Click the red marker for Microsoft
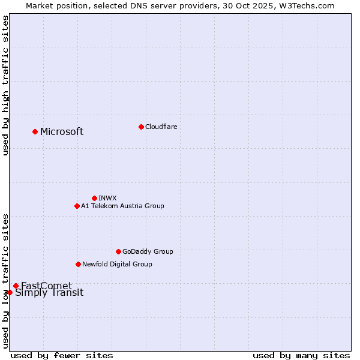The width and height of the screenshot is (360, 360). pos(35,131)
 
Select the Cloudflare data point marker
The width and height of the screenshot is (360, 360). pos(141,127)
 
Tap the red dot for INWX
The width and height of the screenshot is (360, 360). pos(94,198)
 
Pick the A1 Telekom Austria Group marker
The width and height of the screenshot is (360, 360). pos(77,206)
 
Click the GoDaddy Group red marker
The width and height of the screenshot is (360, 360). pos(118,251)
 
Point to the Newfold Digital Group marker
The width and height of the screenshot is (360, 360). pos(78,264)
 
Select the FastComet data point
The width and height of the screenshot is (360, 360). pos(16,286)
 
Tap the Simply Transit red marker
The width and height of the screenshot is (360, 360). pos(10,292)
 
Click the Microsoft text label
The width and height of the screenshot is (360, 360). pos(62,132)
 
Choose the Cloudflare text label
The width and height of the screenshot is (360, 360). pos(161,127)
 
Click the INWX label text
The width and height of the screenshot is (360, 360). pos(107,198)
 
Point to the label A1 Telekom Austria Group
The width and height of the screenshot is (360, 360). pos(122,206)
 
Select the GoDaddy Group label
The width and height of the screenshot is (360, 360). pos(148,251)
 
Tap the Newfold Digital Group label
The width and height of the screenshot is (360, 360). pos(117,264)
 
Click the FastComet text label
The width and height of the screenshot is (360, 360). pos(46,286)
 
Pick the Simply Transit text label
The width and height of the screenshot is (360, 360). pos(49,293)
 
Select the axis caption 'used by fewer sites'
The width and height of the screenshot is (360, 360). pos(62,355)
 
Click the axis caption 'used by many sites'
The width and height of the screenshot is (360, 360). pos(301,355)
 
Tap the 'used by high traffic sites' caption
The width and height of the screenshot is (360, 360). pos(5,85)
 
